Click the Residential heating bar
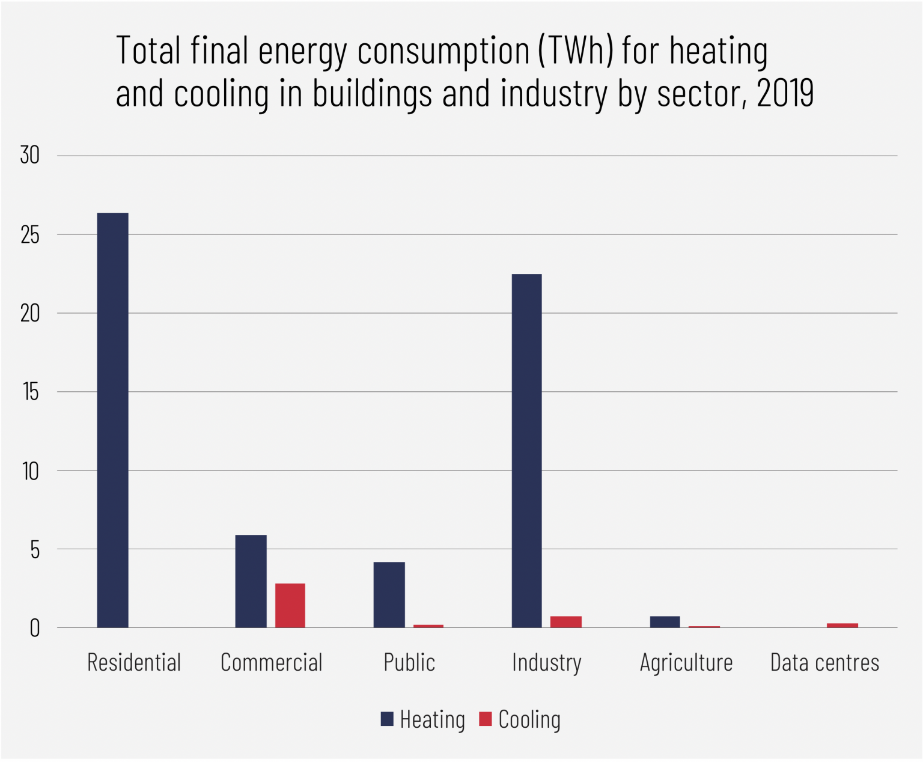(x=112, y=420)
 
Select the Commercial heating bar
(x=251, y=581)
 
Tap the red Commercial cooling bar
(x=290, y=605)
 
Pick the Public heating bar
(x=389, y=594)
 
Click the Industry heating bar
(x=526, y=451)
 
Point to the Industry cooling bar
(x=565, y=622)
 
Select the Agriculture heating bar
(x=665, y=622)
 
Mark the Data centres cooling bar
(x=842, y=626)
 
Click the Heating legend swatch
(x=387, y=719)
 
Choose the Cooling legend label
(x=529, y=719)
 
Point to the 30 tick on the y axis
(x=29, y=156)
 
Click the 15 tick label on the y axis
(x=30, y=392)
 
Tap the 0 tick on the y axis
(x=34, y=629)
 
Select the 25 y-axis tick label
(x=29, y=235)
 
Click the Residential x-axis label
(x=134, y=663)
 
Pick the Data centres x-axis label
(x=824, y=663)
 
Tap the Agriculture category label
(x=686, y=663)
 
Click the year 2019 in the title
(x=785, y=94)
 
